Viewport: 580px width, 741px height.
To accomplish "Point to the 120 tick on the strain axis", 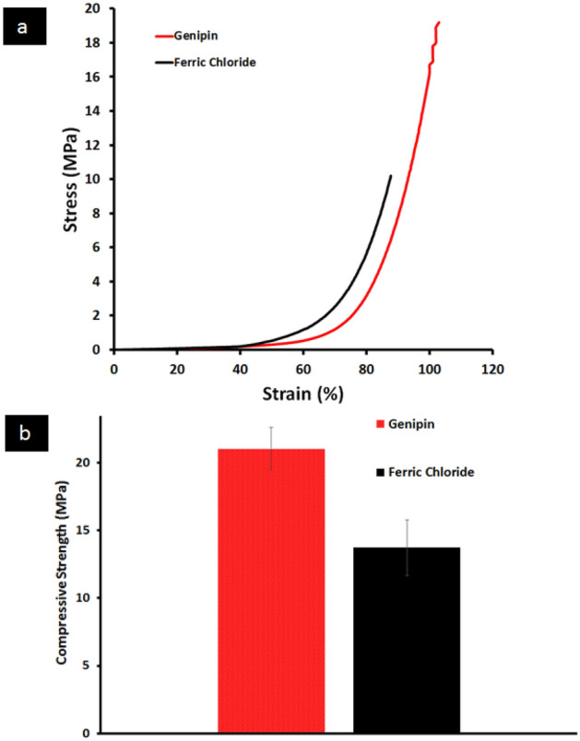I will [x=492, y=368].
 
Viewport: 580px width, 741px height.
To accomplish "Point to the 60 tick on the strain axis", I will [x=303, y=368].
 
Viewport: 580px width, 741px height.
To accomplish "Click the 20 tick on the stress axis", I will [x=93, y=9].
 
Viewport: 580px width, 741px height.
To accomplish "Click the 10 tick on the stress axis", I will [x=93, y=179].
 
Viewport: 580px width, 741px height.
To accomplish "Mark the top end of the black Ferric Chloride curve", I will [x=391, y=175].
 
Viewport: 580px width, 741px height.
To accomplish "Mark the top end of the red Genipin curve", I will [x=439, y=22].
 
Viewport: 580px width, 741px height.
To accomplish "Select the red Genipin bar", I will [x=271, y=590].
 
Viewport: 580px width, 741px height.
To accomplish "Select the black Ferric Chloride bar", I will [x=407, y=640].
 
